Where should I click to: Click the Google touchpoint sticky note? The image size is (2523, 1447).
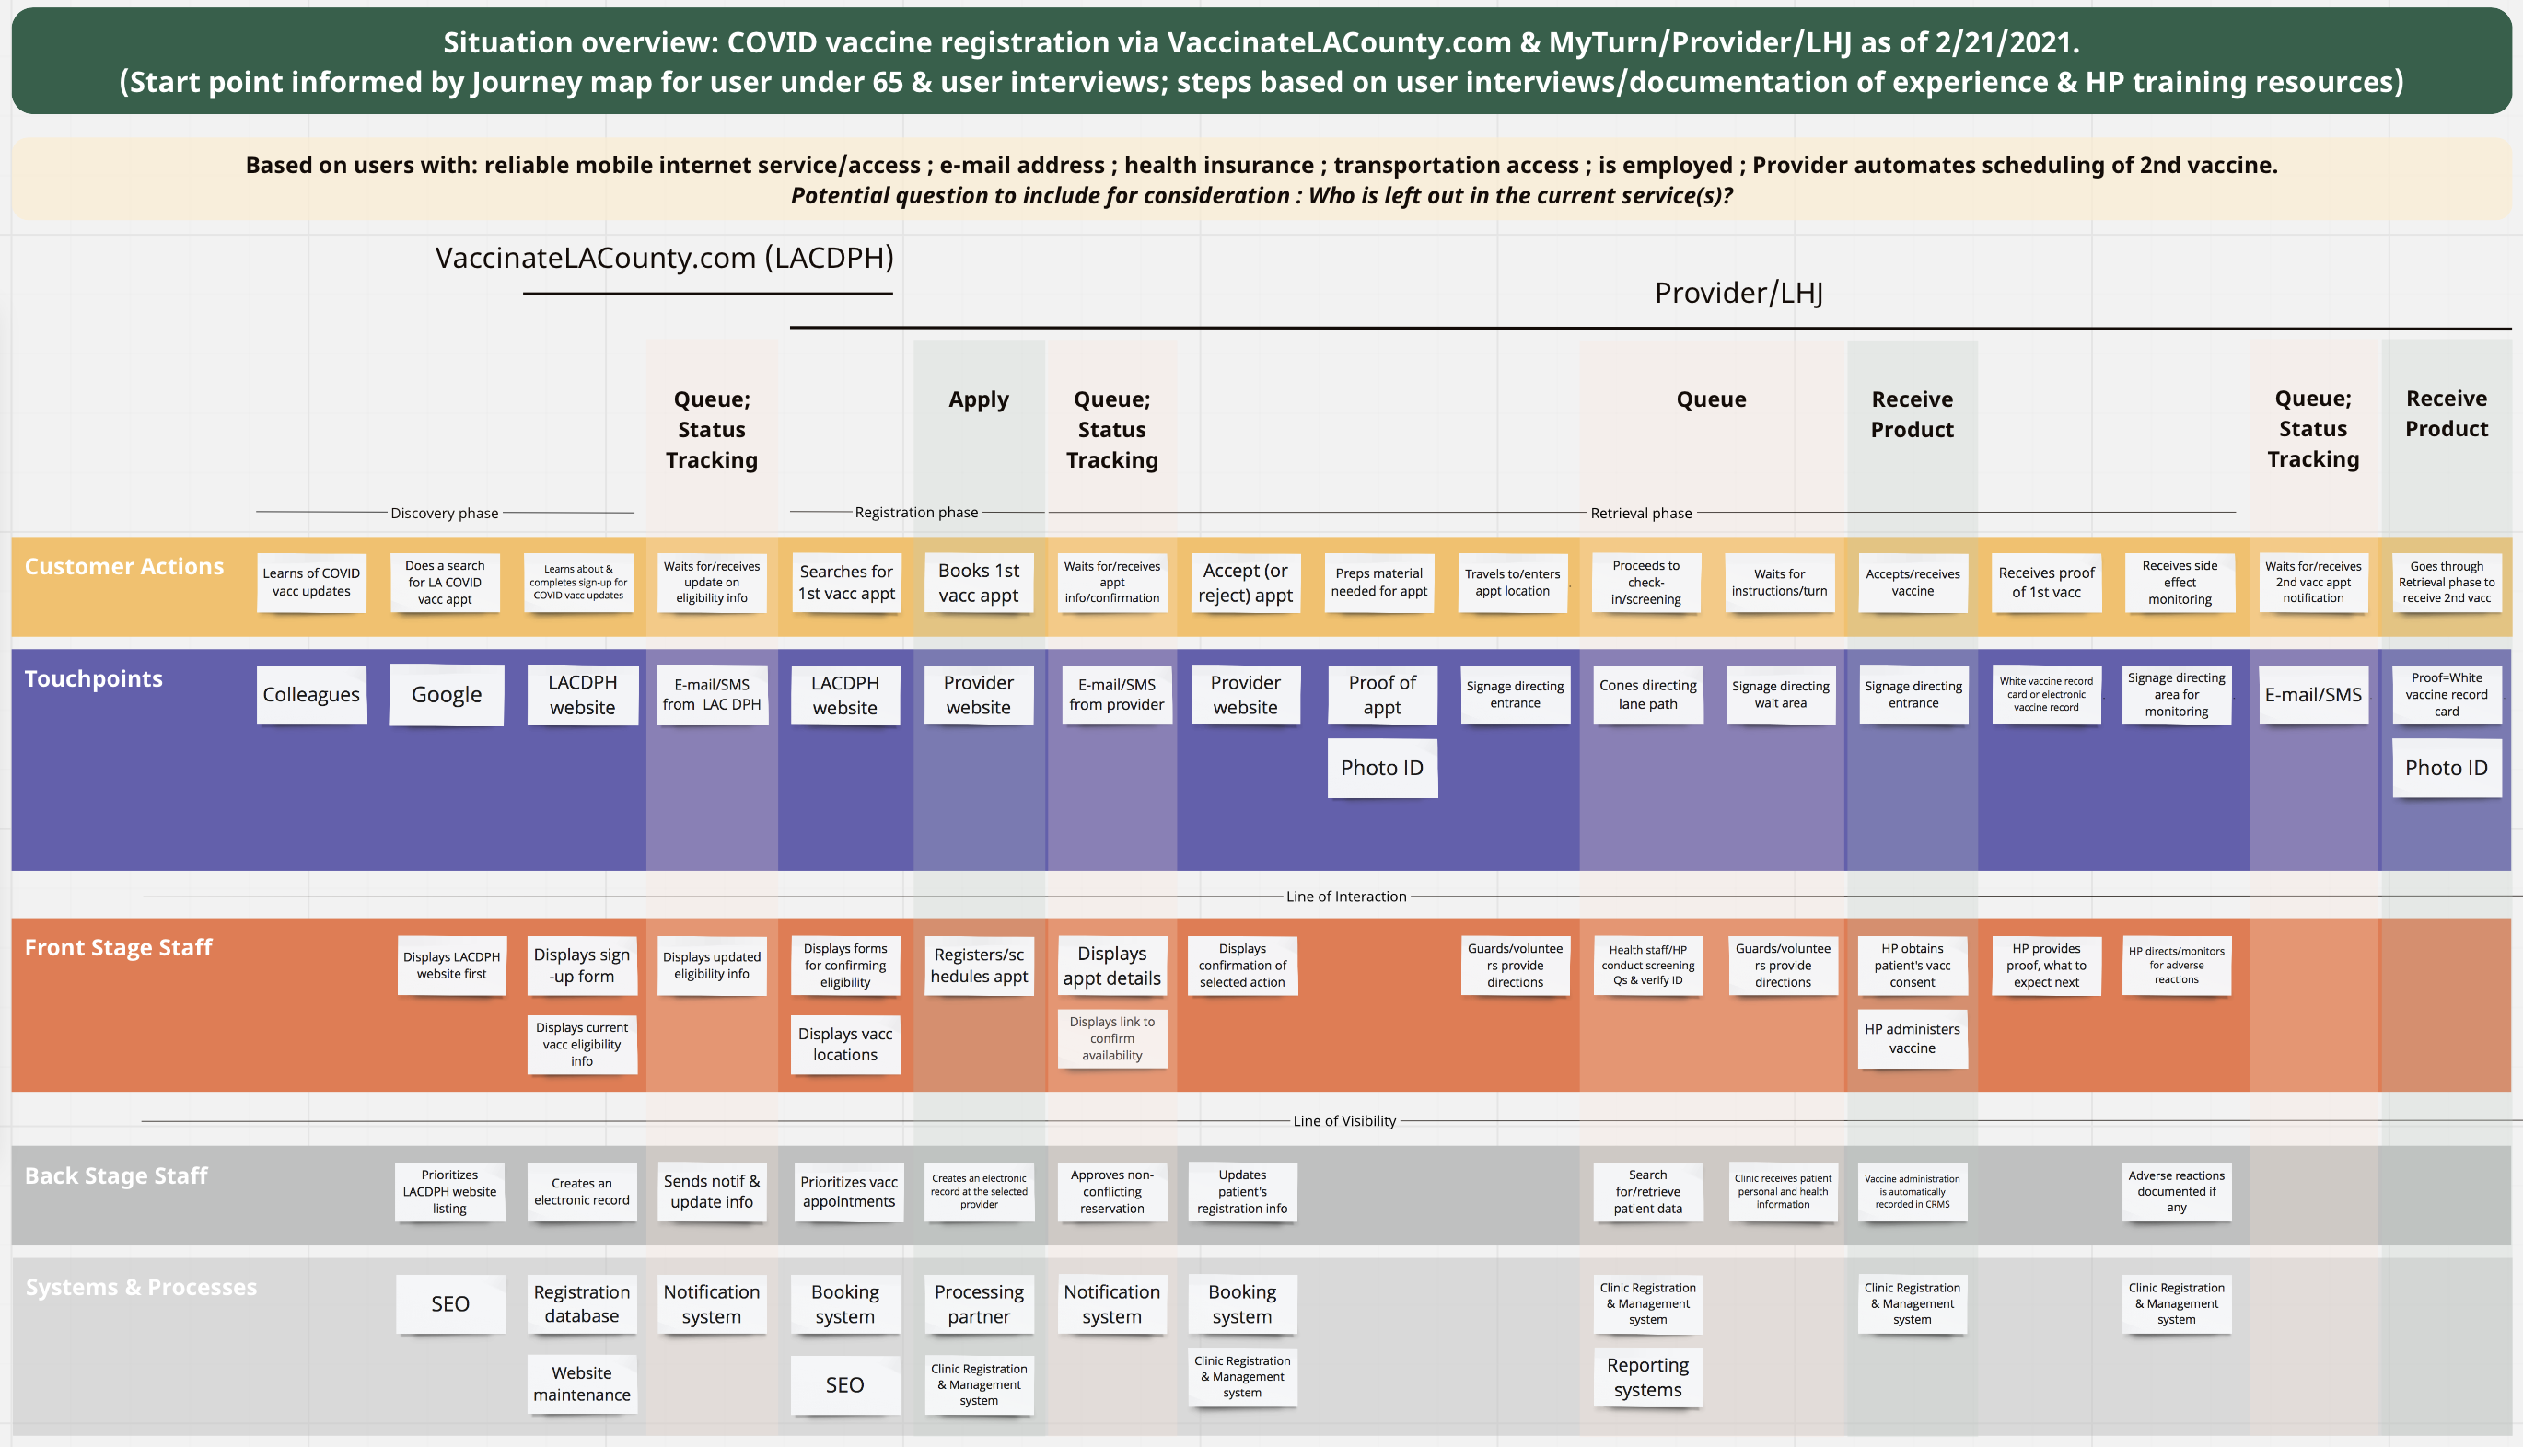tap(447, 695)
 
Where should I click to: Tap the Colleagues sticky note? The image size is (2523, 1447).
tap(311, 695)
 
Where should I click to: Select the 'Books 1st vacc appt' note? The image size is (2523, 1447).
tap(978, 583)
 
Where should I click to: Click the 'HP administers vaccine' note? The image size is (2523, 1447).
tap(1912, 1038)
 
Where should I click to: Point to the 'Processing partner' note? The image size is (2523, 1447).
tap(978, 1304)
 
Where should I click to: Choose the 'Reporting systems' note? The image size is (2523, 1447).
tap(1647, 1377)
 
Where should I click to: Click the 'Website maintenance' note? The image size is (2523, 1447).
tap(582, 1383)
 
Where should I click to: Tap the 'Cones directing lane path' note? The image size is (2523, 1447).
tap(1647, 695)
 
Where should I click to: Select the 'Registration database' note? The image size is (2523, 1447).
tap(582, 1304)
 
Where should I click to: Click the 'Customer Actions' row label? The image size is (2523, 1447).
tap(124, 566)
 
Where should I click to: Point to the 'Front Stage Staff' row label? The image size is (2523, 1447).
tap(118, 947)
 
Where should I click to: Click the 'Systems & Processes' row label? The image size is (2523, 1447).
tap(141, 1287)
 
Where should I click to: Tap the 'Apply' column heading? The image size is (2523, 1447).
tap(978, 399)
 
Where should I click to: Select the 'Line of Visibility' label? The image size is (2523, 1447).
tap(1344, 1121)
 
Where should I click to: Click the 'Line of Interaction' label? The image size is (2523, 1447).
tap(1346, 897)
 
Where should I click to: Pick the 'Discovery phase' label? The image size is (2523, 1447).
tap(445, 513)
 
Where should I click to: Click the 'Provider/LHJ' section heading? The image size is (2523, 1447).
tap(1738, 294)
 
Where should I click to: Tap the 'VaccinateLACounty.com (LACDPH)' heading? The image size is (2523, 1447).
tap(664, 259)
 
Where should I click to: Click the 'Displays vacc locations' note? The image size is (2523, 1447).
tap(845, 1045)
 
